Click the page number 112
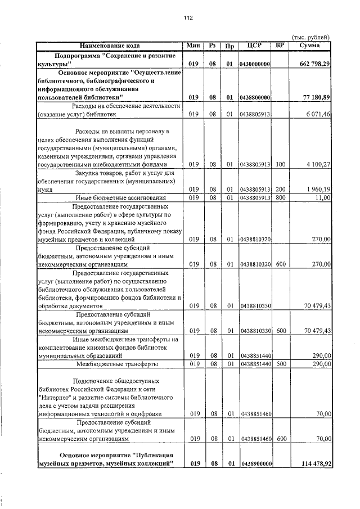188,17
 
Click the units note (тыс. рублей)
312,37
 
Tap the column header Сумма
310,45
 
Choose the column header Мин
194,45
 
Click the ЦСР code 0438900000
255,463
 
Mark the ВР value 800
281,197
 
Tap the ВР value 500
281,364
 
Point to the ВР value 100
281,165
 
